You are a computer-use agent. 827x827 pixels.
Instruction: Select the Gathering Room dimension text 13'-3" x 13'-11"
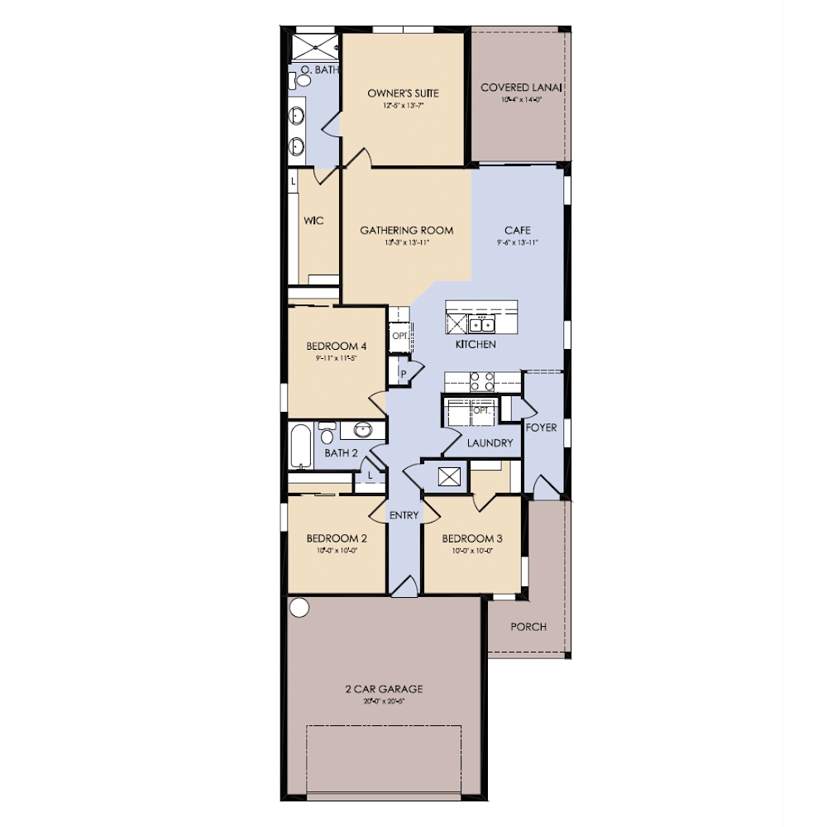407,243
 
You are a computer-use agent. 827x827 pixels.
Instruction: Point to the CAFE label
518,230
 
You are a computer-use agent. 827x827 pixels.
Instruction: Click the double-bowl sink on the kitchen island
482,323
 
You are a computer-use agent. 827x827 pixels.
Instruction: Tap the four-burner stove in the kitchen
482,381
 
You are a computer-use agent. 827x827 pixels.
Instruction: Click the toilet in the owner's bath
293,79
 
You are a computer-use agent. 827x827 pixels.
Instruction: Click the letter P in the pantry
404,373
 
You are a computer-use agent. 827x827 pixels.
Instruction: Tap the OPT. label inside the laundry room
480,410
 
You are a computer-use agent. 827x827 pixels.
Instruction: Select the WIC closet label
313,221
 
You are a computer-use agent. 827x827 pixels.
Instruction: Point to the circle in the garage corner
299,608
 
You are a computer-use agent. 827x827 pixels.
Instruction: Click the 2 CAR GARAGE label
384,688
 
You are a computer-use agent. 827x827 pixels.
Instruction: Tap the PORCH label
528,626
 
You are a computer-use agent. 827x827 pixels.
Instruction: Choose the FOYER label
541,428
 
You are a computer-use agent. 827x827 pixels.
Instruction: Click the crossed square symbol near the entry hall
449,477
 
